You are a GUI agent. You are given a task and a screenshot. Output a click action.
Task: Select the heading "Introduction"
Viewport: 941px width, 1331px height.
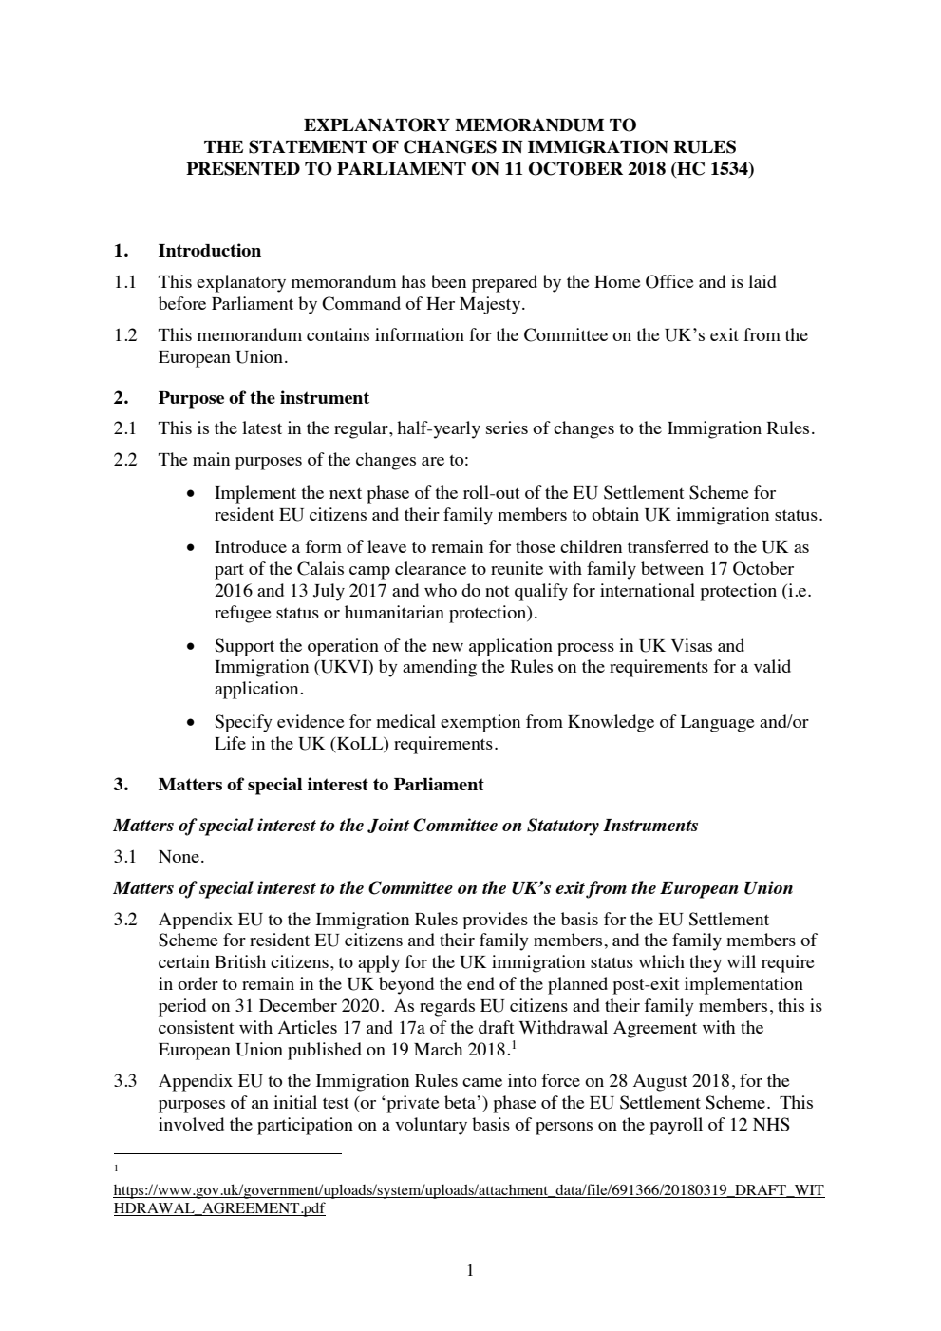pos(209,251)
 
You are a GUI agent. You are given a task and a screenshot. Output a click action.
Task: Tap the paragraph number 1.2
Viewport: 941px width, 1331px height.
pos(125,335)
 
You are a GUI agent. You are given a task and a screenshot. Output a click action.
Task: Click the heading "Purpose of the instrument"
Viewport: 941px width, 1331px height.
pos(263,397)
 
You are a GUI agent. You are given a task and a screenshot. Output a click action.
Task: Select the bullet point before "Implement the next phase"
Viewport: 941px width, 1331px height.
pos(193,494)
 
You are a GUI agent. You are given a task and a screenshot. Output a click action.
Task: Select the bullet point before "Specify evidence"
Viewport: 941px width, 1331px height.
pos(193,722)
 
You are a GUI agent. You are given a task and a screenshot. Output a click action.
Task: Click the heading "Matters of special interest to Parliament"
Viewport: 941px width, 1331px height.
pos(320,785)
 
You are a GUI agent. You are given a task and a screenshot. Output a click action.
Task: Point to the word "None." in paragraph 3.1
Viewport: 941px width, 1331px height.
pos(180,857)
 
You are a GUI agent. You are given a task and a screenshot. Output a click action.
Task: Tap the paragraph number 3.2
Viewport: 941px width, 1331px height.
pos(125,920)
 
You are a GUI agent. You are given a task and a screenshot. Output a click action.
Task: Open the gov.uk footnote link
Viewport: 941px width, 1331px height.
pos(468,1190)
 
